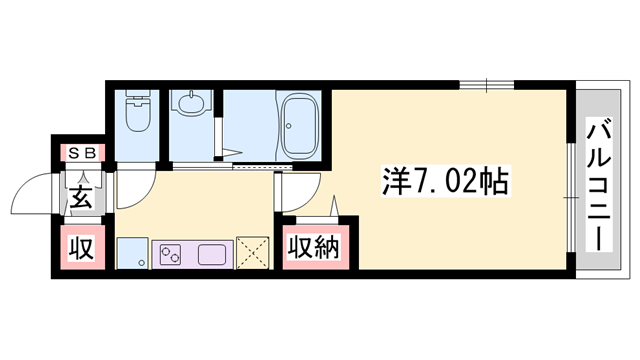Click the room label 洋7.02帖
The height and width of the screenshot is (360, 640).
click(x=446, y=182)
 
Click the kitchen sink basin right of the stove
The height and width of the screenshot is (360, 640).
click(x=214, y=254)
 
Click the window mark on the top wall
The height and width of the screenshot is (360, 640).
click(x=488, y=83)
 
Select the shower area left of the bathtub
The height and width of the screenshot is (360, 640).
click(x=245, y=125)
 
